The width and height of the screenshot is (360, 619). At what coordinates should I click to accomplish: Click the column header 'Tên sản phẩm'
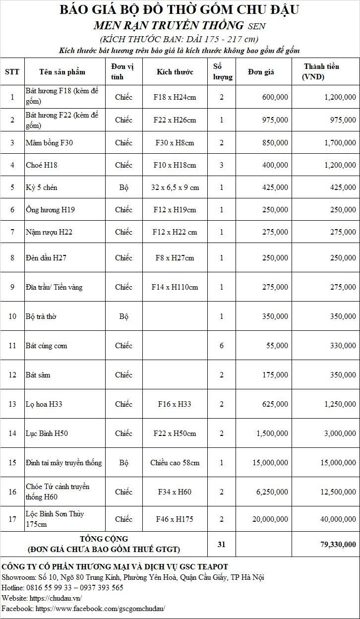click(62, 72)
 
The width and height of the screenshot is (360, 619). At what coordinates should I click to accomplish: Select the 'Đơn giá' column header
click(261, 72)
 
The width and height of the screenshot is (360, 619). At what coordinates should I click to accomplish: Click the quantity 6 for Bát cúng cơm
click(222, 346)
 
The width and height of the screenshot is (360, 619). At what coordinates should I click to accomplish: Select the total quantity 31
click(221, 544)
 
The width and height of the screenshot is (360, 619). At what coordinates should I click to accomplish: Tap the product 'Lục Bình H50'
click(47, 433)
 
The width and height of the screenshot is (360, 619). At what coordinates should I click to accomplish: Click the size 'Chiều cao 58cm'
click(175, 463)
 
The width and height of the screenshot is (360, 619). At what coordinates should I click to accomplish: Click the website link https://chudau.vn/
click(56, 598)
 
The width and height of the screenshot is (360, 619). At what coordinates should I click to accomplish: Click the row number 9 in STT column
click(12, 287)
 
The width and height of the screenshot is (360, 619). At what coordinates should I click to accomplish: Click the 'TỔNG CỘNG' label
click(104, 539)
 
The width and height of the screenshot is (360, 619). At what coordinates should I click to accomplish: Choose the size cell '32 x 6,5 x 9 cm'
click(175, 187)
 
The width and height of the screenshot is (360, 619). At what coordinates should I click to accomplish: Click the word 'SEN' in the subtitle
click(256, 26)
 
